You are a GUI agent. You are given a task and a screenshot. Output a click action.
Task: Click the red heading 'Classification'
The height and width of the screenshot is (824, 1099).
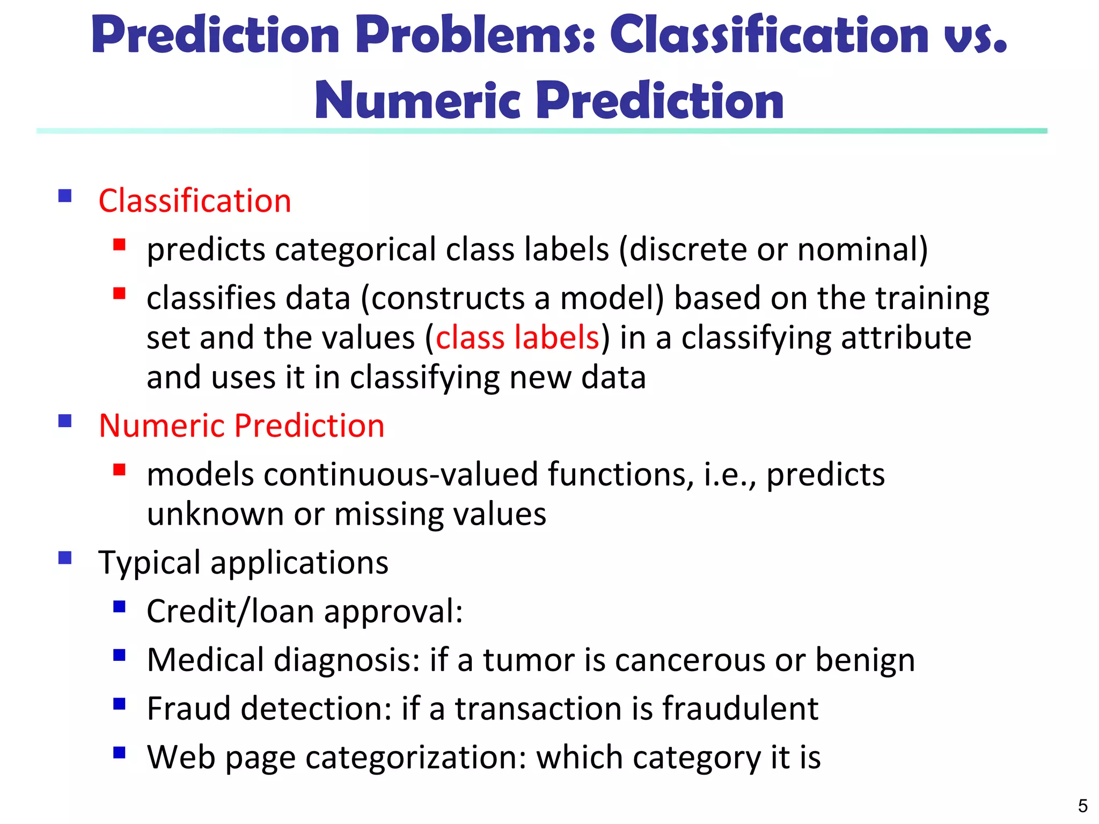(x=195, y=201)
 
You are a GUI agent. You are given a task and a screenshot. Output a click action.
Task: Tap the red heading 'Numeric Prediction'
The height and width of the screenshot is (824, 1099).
(x=241, y=426)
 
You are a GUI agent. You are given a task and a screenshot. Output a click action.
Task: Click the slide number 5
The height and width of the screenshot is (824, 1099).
(x=1082, y=806)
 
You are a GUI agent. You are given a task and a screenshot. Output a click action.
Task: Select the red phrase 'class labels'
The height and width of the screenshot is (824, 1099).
(x=517, y=338)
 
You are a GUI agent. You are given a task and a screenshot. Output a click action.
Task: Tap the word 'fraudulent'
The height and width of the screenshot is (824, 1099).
(x=740, y=709)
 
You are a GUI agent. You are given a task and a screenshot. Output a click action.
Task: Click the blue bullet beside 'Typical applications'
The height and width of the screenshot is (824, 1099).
(x=65, y=558)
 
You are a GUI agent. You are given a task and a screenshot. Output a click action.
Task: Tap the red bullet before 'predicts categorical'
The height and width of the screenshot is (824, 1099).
(x=119, y=245)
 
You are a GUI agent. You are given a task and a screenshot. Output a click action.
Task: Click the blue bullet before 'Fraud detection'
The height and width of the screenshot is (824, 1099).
(x=119, y=703)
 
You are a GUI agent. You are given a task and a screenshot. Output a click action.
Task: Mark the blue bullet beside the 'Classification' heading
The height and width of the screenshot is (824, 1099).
(x=65, y=196)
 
